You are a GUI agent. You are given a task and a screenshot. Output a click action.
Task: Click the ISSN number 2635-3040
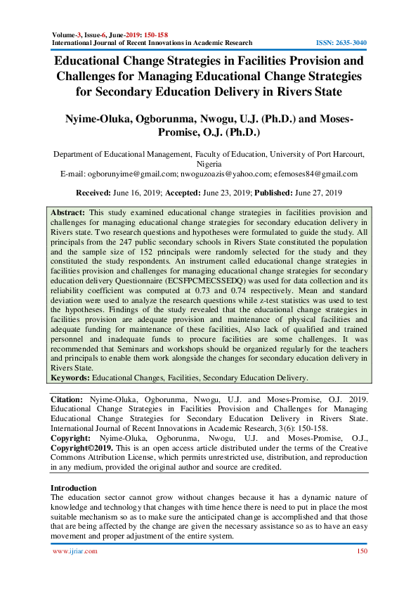(x=351, y=42)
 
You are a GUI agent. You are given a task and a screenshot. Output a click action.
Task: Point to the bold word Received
(x=95, y=192)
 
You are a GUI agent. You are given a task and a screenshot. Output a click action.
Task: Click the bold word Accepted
(x=185, y=192)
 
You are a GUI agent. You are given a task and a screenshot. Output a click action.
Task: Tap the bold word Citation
(x=67, y=399)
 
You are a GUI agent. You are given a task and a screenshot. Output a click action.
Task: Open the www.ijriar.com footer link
(x=75, y=552)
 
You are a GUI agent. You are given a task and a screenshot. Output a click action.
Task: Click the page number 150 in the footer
(x=361, y=552)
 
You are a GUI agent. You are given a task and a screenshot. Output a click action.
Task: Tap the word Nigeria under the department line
(x=209, y=162)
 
